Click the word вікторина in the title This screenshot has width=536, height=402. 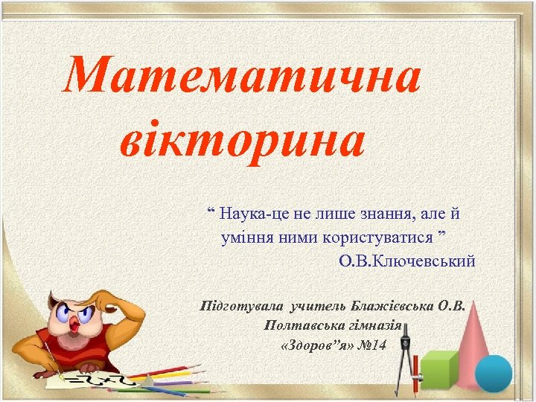click(241, 141)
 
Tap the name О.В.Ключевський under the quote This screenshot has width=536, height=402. click(406, 261)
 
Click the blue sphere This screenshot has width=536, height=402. click(494, 373)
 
